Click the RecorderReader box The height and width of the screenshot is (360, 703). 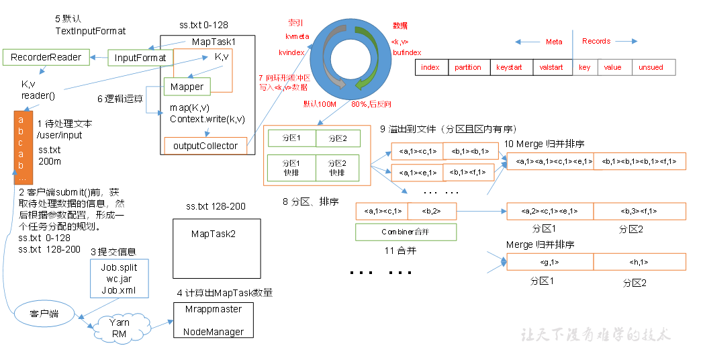tap(46, 58)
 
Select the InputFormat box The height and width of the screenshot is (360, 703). tap(140, 58)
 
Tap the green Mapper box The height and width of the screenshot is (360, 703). tap(187, 87)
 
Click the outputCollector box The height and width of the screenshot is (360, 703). tap(205, 146)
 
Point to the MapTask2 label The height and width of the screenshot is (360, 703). tap(213, 234)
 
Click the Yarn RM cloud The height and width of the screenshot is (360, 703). tap(119, 327)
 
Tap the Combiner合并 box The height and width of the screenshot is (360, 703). tap(406, 232)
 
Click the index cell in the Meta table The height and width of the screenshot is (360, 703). tap(430, 67)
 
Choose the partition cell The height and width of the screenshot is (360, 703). tap(468, 67)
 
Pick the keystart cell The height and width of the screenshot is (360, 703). tap(508, 67)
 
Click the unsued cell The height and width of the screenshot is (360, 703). tap(651, 67)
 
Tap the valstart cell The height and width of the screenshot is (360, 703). tap(551, 67)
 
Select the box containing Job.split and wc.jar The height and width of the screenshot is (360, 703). tap(118, 278)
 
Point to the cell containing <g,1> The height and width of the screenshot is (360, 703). tap(549, 262)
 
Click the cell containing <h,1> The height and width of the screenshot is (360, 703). tap(639, 262)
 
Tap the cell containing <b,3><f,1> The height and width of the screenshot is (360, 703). tap(639, 211)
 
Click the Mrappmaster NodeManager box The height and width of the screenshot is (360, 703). tap(214, 320)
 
